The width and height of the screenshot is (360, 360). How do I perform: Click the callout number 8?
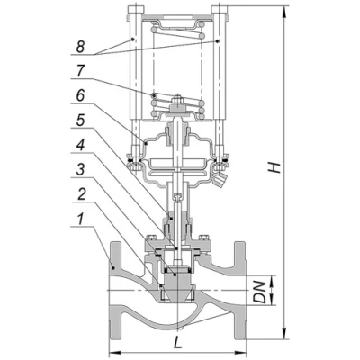point(80,47)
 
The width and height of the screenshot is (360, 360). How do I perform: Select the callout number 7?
point(81,71)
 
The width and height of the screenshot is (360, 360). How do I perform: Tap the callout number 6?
point(80,96)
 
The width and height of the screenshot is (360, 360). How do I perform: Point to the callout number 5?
point(80,121)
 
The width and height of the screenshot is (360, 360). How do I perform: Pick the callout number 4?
point(80,145)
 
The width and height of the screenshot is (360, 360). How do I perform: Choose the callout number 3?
point(80,170)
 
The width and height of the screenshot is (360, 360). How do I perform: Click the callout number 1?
point(80,220)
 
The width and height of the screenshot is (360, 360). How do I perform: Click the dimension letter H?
point(274,167)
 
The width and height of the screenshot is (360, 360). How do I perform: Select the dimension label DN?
point(260,292)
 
